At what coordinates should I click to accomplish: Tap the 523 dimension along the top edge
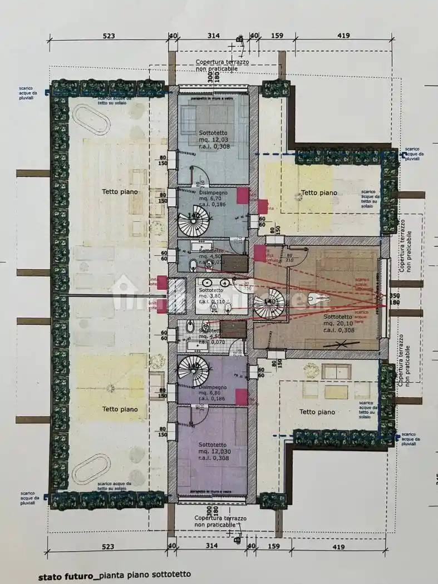tap(109, 36)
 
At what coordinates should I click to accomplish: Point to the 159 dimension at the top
tap(277, 36)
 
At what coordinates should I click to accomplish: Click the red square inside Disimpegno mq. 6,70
tap(243, 195)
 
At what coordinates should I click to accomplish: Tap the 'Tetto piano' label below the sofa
tap(317, 412)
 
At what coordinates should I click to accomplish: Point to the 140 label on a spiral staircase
tap(193, 215)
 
